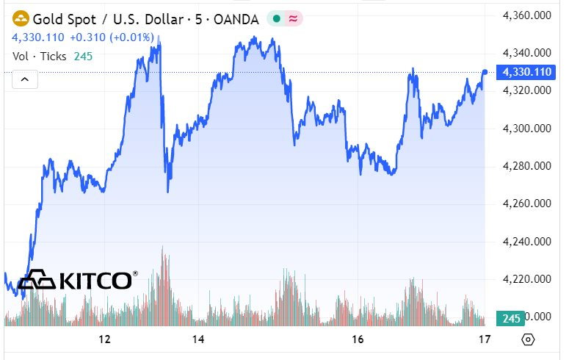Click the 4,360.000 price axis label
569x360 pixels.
[526, 15]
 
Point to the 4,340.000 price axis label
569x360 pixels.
[526, 53]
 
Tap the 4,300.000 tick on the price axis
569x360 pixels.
[526, 129]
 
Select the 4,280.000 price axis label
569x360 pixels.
[526, 166]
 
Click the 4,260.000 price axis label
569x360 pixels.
[526, 204]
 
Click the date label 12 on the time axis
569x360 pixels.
[104, 339]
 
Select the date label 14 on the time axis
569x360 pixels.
[197, 339]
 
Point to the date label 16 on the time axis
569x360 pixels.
[358, 339]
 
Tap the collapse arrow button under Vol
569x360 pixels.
[24, 79]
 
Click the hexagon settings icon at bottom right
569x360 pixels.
[527, 339]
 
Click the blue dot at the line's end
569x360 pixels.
[485, 72]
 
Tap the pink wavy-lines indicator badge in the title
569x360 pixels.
[294, 20]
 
